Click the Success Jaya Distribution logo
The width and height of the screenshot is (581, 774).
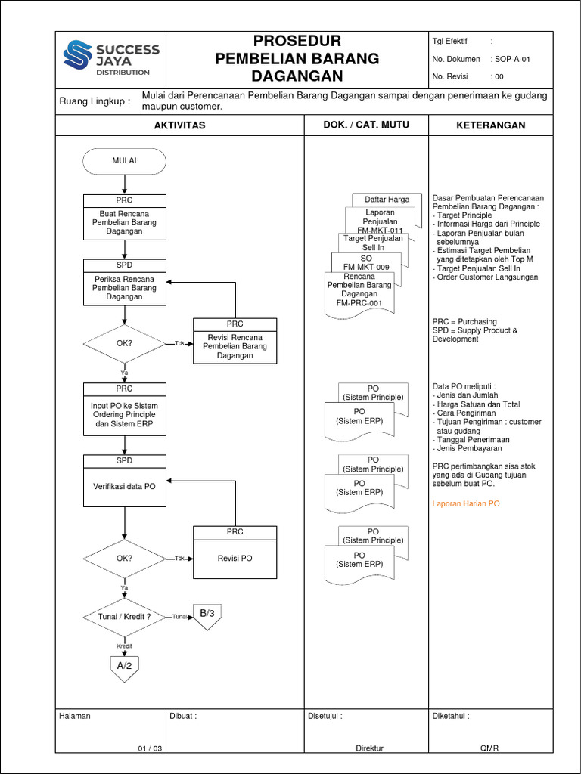tap(111, 58)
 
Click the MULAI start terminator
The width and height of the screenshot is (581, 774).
tap(124, 161)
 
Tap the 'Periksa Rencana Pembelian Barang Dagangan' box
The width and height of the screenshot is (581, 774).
tap(124, 287)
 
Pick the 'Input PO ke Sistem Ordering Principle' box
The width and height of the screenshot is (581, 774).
tap(124, 415)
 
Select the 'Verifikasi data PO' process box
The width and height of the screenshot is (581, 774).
tap(124, 486)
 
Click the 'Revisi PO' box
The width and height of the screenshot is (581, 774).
tap(235, 558)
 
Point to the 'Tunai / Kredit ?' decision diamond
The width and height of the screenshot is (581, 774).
tap(124, 617)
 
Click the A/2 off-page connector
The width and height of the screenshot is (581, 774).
tap(124, 666)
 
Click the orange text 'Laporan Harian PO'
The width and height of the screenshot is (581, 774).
tap(465, 503)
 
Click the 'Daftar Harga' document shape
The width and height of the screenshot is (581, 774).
tap(387, 200)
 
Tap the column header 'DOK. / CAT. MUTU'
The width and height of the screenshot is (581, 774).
tap(366, 125)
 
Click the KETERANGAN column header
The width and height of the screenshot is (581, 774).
tap(490, 125)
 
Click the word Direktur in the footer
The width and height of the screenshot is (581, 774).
tap(370, 748)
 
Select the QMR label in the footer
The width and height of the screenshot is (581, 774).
tap(489, 748)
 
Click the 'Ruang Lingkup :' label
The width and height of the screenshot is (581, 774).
tap(95, 101)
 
